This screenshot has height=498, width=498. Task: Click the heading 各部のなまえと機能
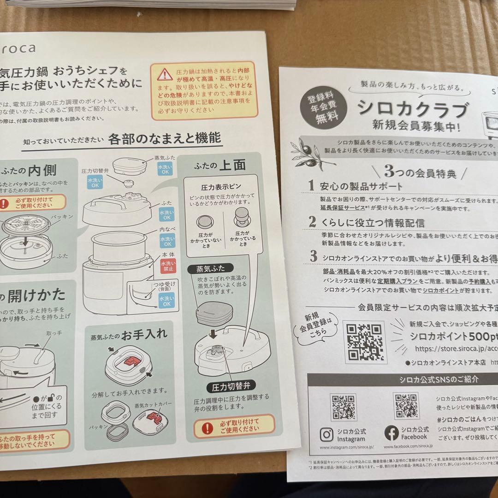(x=164, y=138)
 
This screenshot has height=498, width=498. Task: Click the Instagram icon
(x=327, y=434)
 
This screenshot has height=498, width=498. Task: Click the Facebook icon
(x=391, y=433)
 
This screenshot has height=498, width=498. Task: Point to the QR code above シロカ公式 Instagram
(x=343, y=406)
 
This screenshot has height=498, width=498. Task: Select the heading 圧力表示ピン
(x=221, y=188)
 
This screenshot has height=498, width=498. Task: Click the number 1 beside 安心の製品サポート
(x=312, y=185)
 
